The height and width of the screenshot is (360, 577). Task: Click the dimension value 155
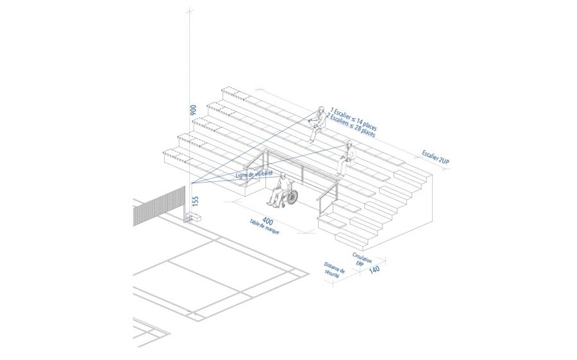tap(196, 200)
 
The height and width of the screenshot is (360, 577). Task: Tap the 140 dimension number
tap(374, 269)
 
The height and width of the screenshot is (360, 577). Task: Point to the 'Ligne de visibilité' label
tap(254, 174)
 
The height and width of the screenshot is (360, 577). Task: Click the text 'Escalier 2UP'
tap(436, 158)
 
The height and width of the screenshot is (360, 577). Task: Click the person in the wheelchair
tap(280, 191)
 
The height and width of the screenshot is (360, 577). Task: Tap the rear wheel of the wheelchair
tap(292, 198)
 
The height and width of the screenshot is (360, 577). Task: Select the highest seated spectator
tap(315, 123)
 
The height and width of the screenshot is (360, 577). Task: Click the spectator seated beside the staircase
tap(346, 157)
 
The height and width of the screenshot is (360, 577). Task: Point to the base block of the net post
tap(192, 218)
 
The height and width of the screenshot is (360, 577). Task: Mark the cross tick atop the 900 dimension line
tap(189, 12)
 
